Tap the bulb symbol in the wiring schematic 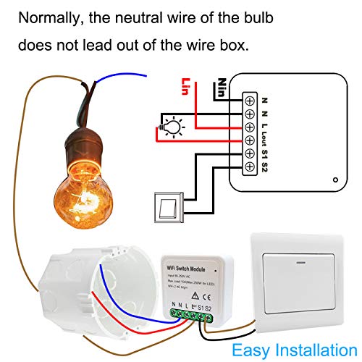point(173,125)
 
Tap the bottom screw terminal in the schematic point(249,168)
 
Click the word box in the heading point(237,45)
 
